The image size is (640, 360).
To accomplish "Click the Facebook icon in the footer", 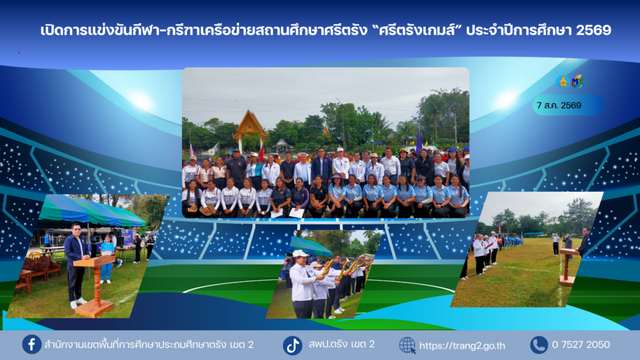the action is (31, 344).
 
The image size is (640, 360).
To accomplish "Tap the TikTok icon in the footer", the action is (292, 345).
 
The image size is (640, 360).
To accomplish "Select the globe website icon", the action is (407, 345).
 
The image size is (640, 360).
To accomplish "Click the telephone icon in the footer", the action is (539, 345).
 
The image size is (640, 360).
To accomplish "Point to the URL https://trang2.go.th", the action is (462, 346).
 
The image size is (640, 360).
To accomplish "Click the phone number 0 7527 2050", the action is (581, 345).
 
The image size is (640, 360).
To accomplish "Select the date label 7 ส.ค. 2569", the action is (559, 105).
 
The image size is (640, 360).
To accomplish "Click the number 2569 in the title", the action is (594, 30).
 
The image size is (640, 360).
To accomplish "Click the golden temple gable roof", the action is (250, 124).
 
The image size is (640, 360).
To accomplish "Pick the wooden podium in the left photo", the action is (94, 286).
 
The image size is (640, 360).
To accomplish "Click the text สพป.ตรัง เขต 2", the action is (341, 344).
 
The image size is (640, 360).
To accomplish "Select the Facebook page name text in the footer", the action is (149, 345).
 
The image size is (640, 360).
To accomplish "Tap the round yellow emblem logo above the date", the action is (563, 82).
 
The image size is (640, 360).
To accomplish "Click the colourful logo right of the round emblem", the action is (577, 82).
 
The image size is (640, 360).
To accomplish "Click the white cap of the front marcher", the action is (300, 254).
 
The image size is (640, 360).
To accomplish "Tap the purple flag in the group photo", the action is (419, 141).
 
